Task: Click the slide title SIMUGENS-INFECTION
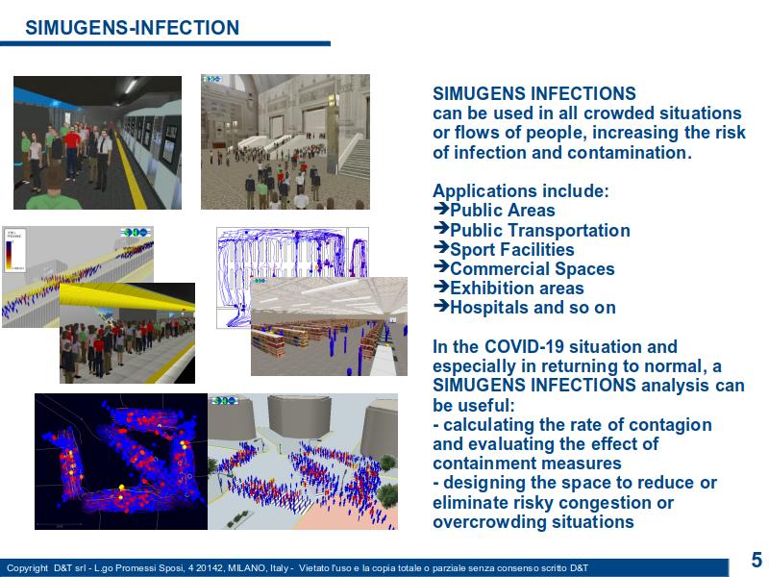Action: (132, 28)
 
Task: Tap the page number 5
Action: (757, 560)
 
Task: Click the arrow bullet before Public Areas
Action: (441, 209)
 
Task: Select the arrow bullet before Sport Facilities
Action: (441, 248)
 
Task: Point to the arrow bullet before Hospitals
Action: (441, 306)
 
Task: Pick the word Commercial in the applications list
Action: (499, 269)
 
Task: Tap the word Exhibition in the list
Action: (491, 288)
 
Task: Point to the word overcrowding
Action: (489, 522)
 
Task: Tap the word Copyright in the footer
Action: (28, 568)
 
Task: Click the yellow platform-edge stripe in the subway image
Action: (132, 167)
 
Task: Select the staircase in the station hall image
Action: (354, 156)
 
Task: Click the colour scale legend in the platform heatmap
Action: (13, 249)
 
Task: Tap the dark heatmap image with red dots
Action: (121, 462)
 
